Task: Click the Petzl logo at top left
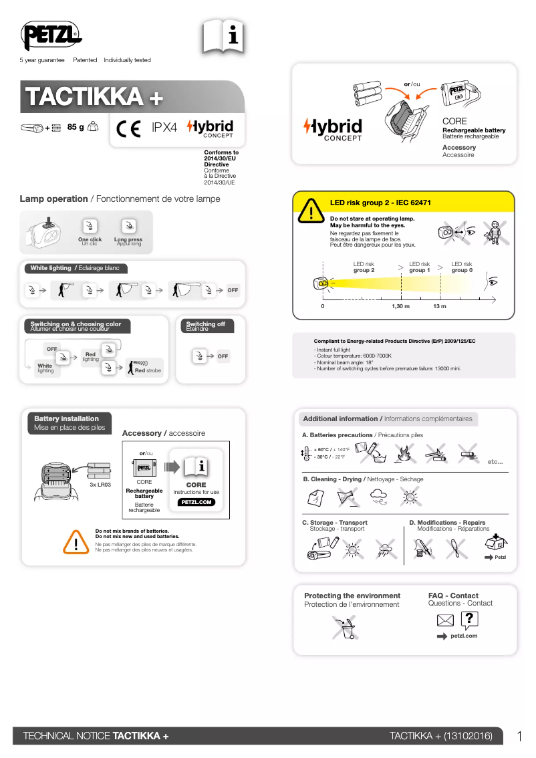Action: pos(51,37)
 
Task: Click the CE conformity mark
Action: pos(128,128)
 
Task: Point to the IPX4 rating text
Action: pos(164,128)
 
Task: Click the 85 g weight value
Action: pos(76,127)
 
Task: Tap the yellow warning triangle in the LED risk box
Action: pos(311,212)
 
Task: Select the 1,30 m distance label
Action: pos(400,305)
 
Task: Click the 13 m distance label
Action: pos(440,305)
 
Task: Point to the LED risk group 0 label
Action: pos(462,267)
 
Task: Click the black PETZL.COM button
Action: pos(196,502)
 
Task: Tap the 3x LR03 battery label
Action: pos(100,484)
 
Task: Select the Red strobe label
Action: pos(148,370)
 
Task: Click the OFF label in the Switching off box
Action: pos(223,356)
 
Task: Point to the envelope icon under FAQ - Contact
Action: pos(445,621)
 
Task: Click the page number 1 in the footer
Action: pos(519,736)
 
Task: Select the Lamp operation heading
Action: pos(53,199)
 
